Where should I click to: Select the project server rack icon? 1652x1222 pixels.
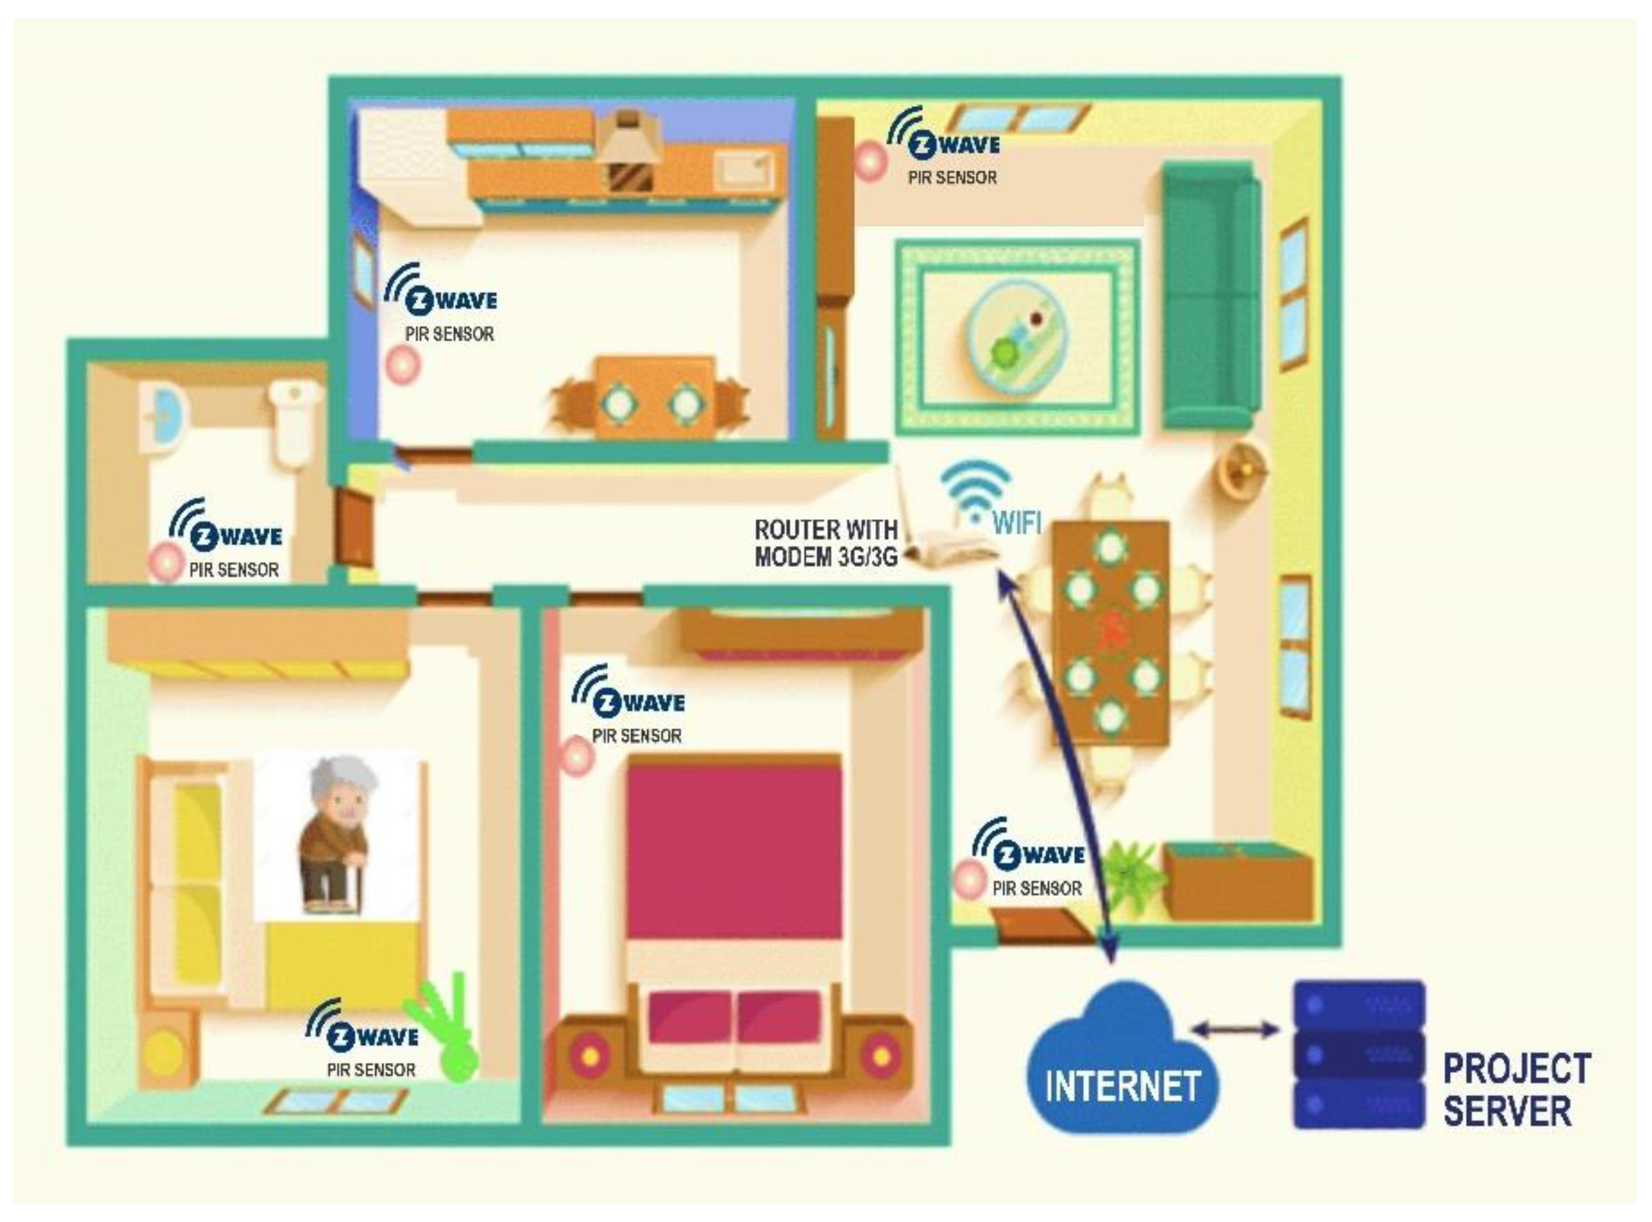tap(1359, 1055)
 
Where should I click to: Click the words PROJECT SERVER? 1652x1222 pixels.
tap(1516, 1089)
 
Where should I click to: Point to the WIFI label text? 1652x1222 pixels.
tap(1017, 523)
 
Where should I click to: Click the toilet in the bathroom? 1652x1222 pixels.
tap(294, 422)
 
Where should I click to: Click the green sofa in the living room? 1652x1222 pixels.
tap(1210, 296)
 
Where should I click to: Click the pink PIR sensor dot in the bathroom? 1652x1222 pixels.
tap(165, 562)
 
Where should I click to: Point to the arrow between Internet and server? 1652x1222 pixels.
tap(1235, 1029)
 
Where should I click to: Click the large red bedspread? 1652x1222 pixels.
tap(734, 851)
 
